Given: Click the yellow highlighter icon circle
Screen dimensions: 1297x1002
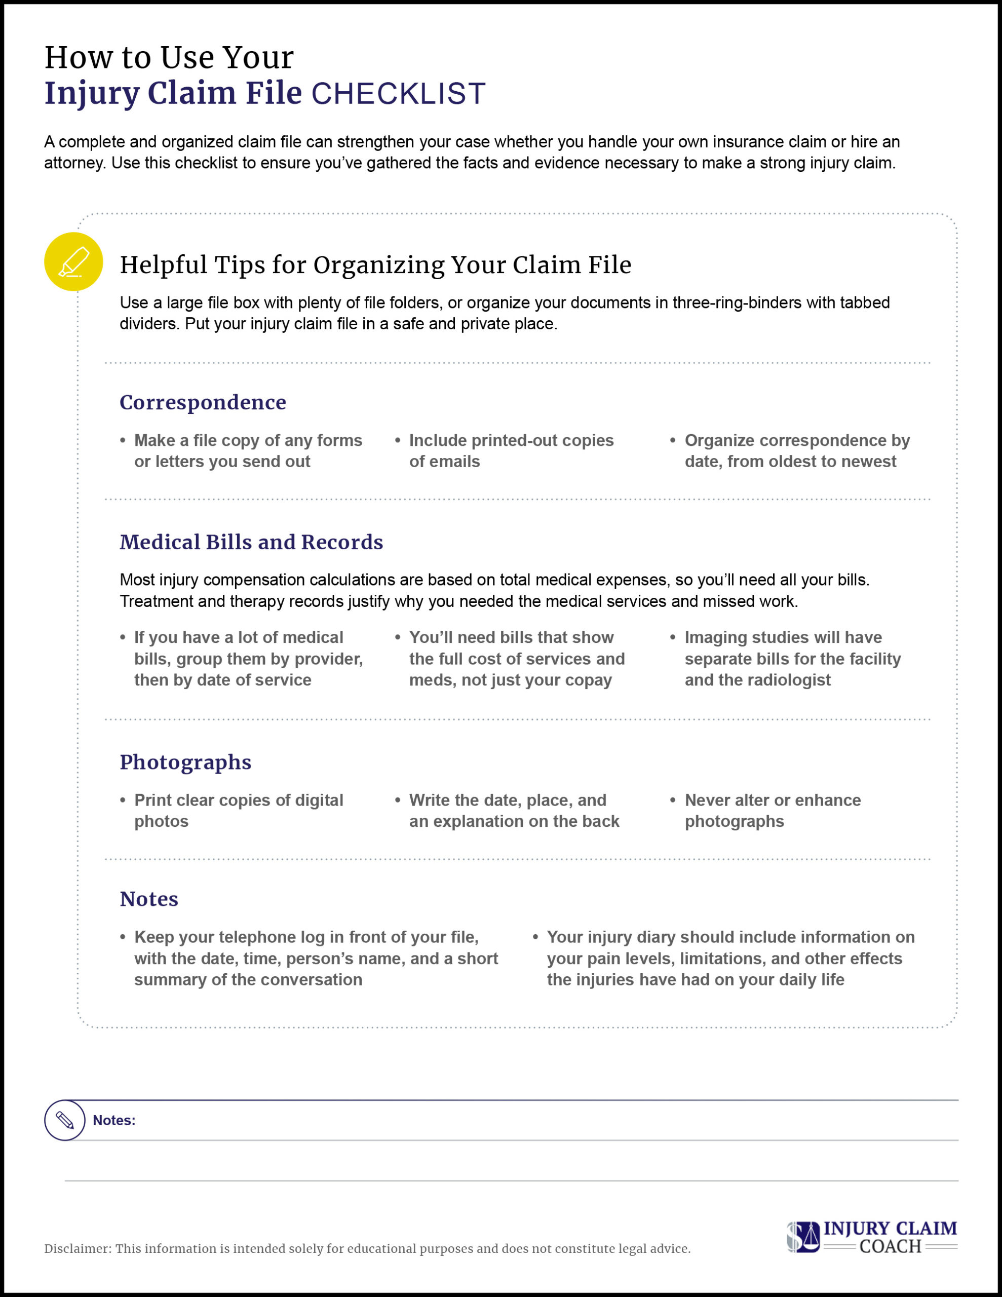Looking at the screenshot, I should pos(73,261).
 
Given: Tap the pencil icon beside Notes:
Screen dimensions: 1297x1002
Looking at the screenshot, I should pos(65,1120).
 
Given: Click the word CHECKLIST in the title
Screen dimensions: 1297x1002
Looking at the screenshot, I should pos(399,94).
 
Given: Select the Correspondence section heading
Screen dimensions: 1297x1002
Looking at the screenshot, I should pos(203,402).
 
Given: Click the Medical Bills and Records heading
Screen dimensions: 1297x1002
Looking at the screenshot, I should pos(251,542).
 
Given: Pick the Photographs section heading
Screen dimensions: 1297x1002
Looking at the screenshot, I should pos(185,762).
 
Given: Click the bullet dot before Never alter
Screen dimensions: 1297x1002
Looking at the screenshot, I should pos(672,800).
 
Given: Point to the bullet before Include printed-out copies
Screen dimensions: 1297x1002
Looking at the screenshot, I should pos(397,441).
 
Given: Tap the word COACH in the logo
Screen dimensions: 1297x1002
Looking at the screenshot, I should pos(890,1246).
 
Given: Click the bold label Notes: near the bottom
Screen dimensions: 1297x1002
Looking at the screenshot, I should pos(114,1120).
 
